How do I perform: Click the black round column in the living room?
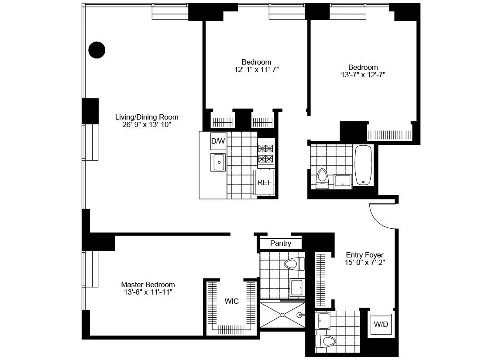click(97, 50)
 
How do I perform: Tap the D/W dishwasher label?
click(218, 141)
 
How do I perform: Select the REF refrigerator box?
click(265, 183)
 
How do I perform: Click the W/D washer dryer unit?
click(381, 325)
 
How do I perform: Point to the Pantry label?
click(280, 243)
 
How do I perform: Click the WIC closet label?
click(231, 301)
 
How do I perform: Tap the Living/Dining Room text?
click(147, 117)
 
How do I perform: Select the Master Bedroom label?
click(148, 285)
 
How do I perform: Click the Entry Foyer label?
click(364, 255)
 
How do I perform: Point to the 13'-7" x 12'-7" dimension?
click(363, 75)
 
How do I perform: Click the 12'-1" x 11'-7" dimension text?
click(256, 69)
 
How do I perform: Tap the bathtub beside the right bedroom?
click(363, 166)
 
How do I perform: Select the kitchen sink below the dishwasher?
click(218, 162)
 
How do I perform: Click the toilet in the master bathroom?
click(294, 263)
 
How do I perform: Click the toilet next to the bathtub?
click(322, 178)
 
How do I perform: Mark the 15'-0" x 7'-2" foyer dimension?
click(364, 263)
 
